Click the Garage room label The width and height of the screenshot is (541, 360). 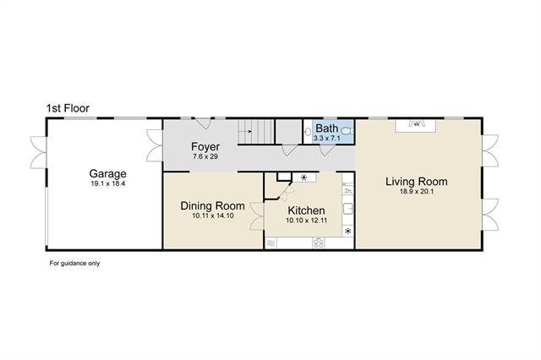107,173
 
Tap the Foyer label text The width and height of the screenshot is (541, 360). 205,146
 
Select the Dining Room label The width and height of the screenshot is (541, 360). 212,206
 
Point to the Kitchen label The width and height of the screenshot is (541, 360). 306,210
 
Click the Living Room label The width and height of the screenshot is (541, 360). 417,182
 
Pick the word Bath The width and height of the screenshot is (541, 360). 327,128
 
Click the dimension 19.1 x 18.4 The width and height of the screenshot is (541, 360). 107,183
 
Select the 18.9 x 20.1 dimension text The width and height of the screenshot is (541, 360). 417,191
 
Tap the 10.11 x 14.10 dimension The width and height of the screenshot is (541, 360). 213,215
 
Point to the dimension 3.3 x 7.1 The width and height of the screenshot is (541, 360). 327,139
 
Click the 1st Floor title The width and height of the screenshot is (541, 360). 68,108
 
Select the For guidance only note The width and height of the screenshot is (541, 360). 74,263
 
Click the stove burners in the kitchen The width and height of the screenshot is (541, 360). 319,243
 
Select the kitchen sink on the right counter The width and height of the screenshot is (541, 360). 348,209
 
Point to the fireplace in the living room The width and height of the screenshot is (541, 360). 416,125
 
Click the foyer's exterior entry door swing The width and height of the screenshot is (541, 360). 204,123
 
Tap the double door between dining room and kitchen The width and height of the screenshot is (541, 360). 257,215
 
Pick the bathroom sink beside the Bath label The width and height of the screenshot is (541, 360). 308,131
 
